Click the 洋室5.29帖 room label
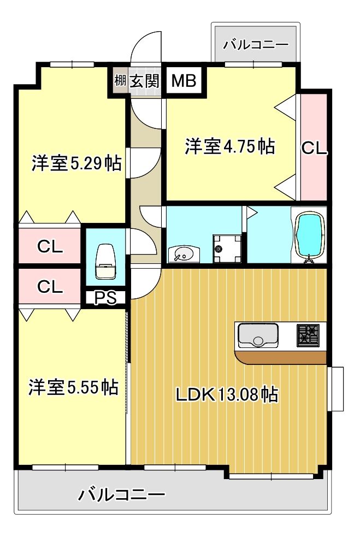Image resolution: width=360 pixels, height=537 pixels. click(75, 162)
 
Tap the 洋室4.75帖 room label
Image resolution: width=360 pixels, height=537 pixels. click(229, 146)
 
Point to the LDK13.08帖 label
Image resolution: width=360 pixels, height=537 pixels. click(226, 394)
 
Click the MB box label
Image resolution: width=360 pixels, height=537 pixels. click(184, 81)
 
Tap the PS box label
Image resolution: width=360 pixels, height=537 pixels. click(105, 298)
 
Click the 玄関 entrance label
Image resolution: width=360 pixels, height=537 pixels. click(144, 81)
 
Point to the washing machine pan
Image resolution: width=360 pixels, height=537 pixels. click(223, 249)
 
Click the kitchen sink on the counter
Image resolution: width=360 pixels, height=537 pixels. click(257, 335)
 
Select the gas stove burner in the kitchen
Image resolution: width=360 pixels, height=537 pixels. click(308, 334)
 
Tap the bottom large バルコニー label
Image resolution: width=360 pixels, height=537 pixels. click(121, 495)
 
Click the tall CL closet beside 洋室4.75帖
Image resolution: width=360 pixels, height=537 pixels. click(314, 147)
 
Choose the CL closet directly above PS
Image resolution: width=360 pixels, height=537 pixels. click(50, 286)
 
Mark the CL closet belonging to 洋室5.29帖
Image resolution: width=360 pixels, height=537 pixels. click(50, 247)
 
